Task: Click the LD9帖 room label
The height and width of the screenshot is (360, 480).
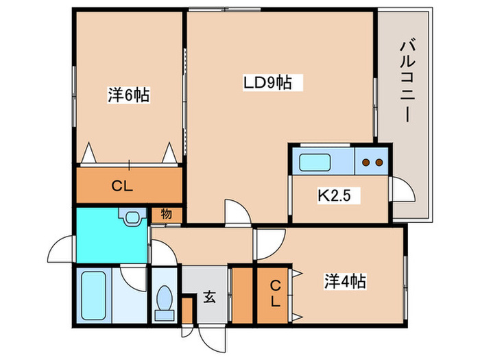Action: [x=267, y=82]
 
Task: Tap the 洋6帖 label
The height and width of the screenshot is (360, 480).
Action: [x=129, y=95]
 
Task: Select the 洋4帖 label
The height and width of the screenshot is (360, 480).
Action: [x=345, y=281]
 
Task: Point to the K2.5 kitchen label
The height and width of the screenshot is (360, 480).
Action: [x=334, y=195]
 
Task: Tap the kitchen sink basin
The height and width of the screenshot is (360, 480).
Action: [x=314, y=163]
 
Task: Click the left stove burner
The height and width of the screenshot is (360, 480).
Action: [x=365, y=163]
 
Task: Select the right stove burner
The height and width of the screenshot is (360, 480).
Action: [x=379, y=163]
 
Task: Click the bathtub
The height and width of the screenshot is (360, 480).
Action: [x=94, y=296]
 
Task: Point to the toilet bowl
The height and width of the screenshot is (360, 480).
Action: [x=165, y=298]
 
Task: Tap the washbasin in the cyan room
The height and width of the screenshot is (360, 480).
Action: [x=133, y=217]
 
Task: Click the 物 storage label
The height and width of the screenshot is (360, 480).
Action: [x=166, y=214]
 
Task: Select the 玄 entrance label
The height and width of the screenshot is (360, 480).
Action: [x=210, y=297]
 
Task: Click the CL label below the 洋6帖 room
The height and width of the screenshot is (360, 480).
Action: [x=122, y=186]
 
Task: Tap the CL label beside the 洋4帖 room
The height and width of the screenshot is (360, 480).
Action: [x=276, y=293]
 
